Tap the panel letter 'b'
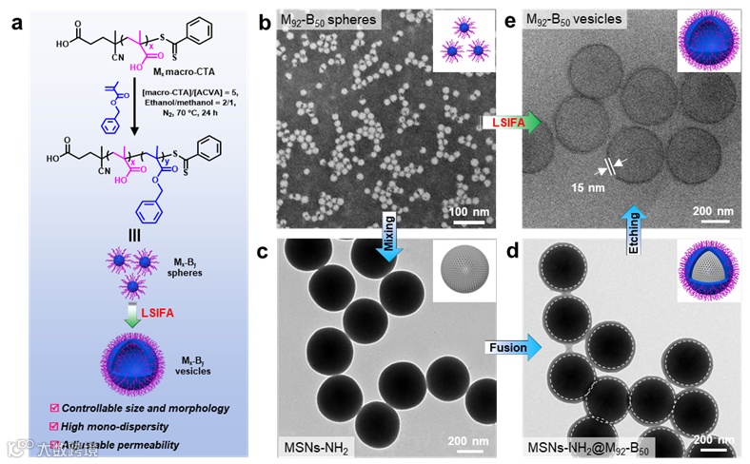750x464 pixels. click(266, 22)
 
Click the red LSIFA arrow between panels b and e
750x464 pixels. click(512, 123)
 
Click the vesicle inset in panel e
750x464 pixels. click(709, 43)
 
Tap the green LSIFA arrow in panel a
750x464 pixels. click(130, 314)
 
